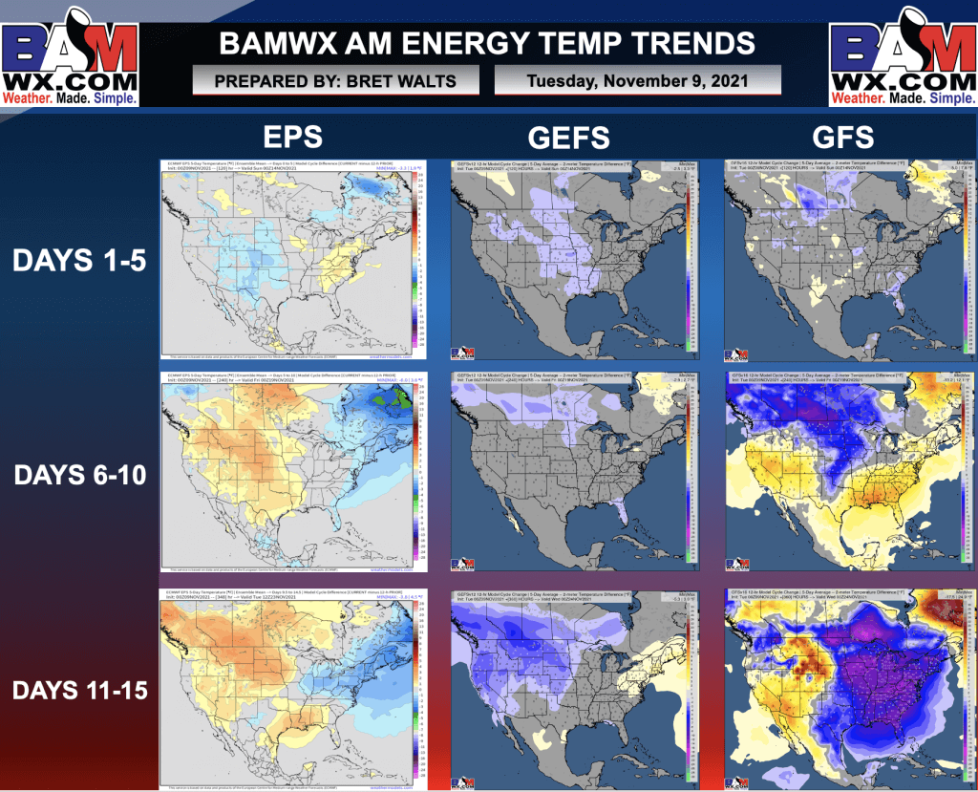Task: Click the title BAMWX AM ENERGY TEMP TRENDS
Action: (487, 43)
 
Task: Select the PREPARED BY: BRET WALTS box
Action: (335, 81)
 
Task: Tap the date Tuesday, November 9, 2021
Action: (637, 81)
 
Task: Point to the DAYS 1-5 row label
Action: (79, 260)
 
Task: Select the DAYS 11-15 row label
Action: (79, 688)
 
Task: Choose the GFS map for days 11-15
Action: (845, 686)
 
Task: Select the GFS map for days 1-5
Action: (845, 258)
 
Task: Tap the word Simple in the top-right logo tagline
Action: (950, 98)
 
